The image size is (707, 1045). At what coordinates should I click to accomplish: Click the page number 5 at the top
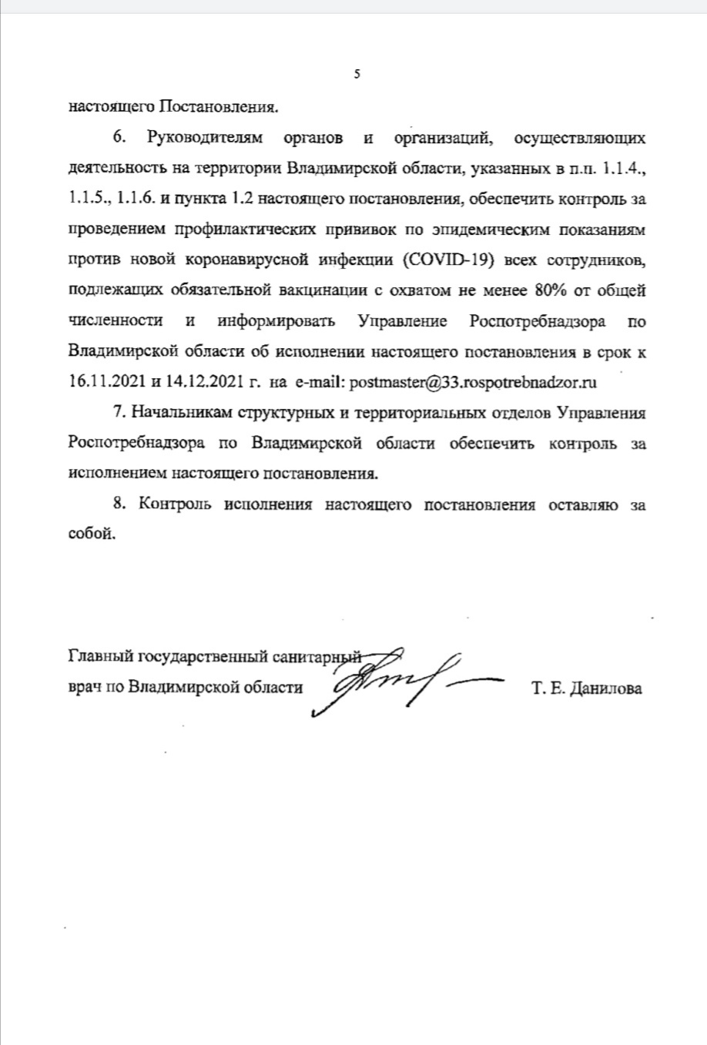click(x=356, y=74)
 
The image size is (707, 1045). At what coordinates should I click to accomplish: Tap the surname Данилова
click(x=601, y=688)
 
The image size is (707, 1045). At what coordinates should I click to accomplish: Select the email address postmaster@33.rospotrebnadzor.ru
click(x=474, y=381)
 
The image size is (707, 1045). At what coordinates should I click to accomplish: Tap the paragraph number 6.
click(x=118, y=138)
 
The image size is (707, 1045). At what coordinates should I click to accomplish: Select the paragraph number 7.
click(x=118, y=412)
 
